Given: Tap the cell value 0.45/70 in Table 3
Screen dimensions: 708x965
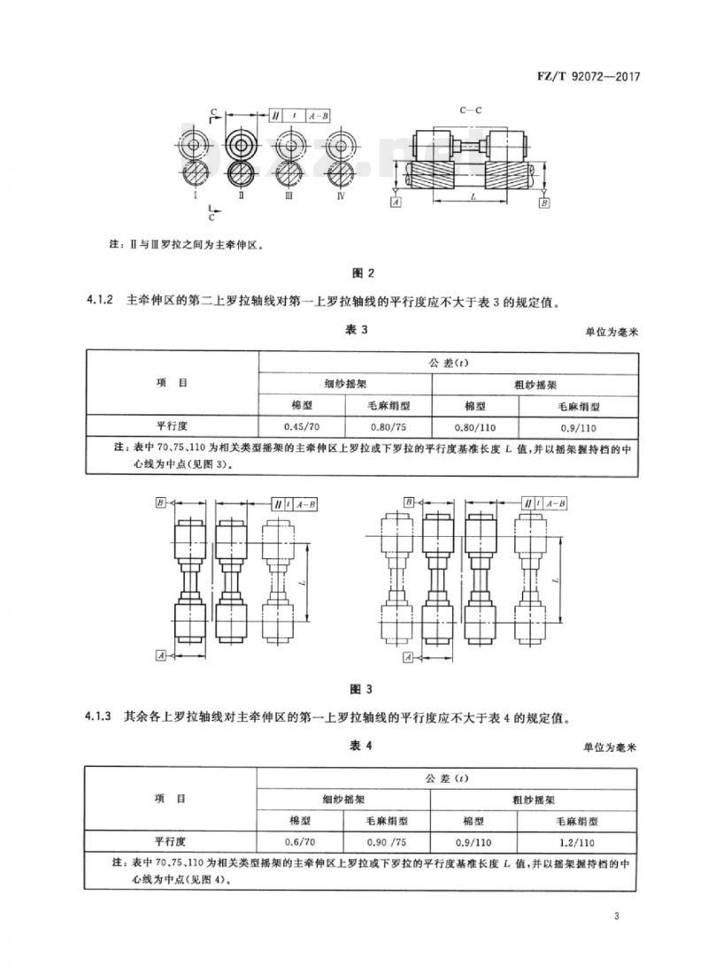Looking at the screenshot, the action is tap(302, 426).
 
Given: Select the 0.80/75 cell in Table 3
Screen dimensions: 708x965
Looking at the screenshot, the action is tap(389, 426).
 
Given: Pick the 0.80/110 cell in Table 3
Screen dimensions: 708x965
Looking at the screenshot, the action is tap(475, 427).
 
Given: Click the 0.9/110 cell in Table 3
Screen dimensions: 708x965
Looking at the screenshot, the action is tap(578, 427).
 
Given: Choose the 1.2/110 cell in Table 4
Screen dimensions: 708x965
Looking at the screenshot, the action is tap(576, 843).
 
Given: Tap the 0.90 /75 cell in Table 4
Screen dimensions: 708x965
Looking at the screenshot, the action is tap(387, 842).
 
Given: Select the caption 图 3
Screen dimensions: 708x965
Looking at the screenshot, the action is tap(361, 689).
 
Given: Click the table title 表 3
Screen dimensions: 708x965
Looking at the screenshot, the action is tap(357, 329).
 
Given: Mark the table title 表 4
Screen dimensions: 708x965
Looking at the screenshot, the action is tap(361, 746).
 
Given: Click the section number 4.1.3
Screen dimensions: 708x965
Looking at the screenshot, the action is tap(97, 717).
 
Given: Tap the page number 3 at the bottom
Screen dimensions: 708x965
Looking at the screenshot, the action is tap(616, 915).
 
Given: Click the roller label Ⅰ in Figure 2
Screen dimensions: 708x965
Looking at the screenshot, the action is tap(196, 195).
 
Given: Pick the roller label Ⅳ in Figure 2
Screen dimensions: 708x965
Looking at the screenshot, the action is tap(341, 195).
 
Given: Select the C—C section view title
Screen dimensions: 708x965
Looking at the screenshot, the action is tap(470, 111).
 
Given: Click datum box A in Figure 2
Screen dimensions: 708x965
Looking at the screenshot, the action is tap(396, 202).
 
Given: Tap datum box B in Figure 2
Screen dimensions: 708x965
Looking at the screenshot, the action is tap(543, 202).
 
